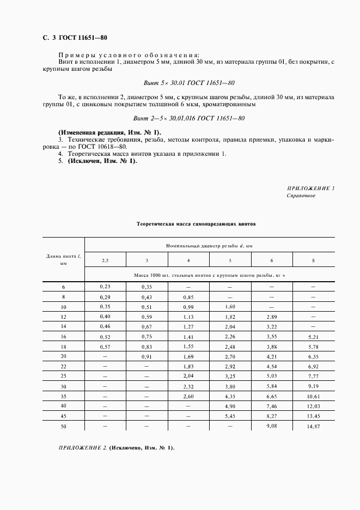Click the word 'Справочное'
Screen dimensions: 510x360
301,195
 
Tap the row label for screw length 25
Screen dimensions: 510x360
63,376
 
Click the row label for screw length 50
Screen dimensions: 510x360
63,426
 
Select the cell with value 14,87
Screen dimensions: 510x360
313,427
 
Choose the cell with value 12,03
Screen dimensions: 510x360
313,406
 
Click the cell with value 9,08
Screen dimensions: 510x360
271,426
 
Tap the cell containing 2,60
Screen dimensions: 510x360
188,396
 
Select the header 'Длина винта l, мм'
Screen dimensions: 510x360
63,259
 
